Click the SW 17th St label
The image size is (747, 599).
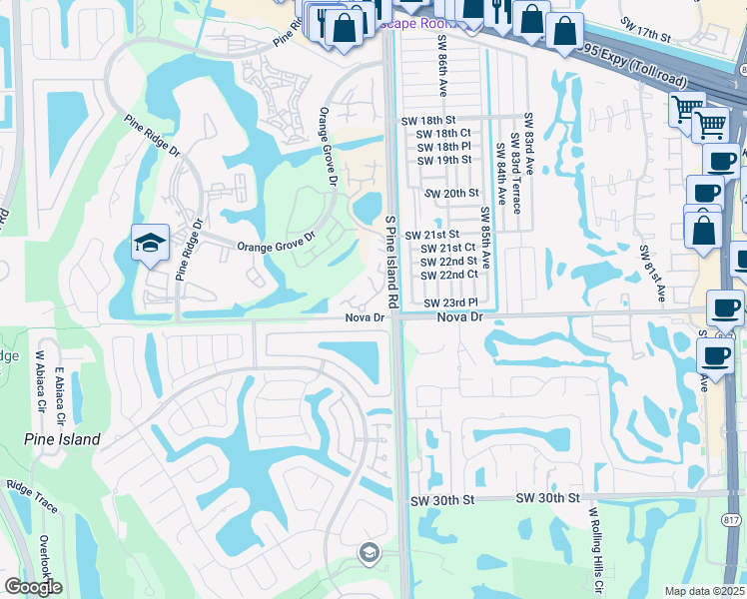645,28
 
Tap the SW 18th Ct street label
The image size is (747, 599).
443,133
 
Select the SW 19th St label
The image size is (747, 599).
444,160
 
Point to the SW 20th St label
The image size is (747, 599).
452,193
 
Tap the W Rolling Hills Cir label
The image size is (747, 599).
593,549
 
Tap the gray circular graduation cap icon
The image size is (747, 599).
370,553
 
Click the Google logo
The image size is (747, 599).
33,587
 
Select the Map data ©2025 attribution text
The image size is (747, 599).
704,591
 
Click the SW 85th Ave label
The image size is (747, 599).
485,239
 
